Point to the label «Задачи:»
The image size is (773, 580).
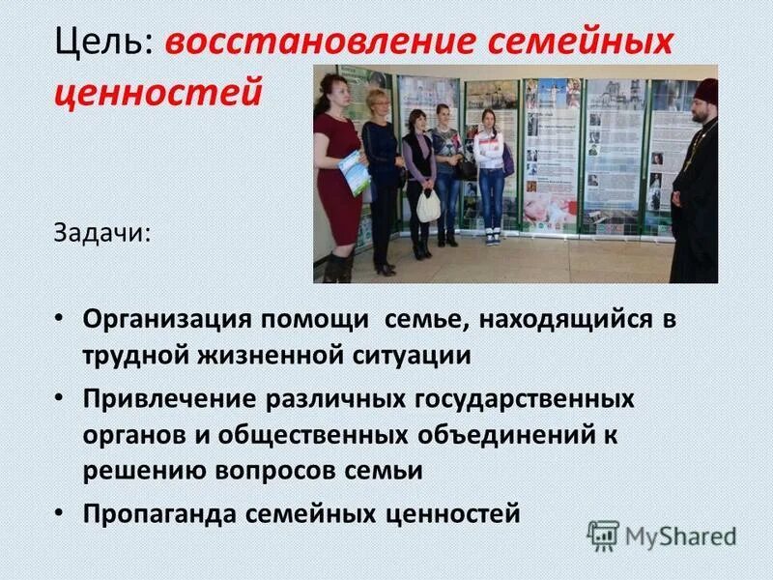tap(100, 234)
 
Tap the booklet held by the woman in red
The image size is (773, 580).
tap(353, 172)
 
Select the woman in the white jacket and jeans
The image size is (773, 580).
tap(491, 174)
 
